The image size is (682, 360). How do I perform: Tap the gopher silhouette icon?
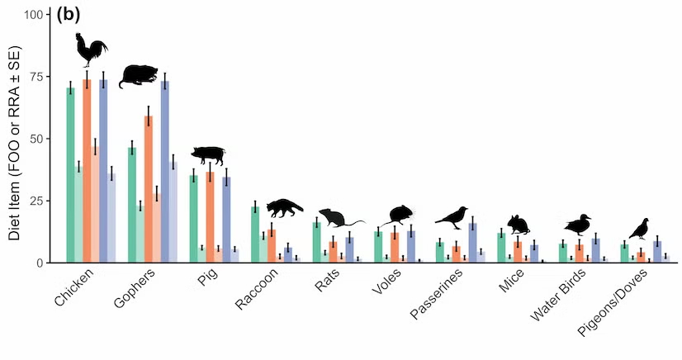pyautogui.click(x=143, y=76)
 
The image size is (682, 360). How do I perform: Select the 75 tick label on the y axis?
pyautogui.click(x=38, y=77)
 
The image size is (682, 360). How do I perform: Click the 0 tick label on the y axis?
pyautogui.click(x=42, y=263)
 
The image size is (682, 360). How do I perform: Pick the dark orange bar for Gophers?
pyautogui.click(x=149, y=189)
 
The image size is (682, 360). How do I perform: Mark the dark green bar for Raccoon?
pyautogui.click(x=255, y=234)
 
